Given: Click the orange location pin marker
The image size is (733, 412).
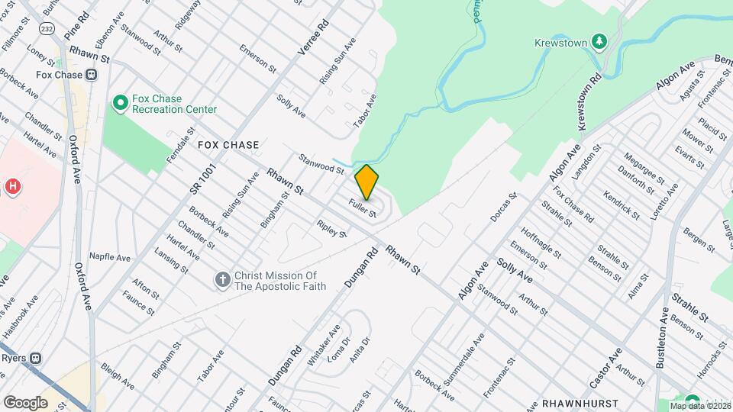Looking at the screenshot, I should point(366,182).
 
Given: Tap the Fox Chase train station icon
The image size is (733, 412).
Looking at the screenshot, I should point(91,75).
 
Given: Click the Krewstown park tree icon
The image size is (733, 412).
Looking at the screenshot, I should point(600,41).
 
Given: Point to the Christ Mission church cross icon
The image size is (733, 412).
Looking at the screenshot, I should point(222,280).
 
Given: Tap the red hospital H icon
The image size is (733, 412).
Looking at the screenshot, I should point(11,186).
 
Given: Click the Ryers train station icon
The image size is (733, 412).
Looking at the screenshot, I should point(36,358).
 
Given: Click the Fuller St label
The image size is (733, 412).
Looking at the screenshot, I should point(363,208).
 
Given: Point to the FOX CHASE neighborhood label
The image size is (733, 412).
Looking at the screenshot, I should point(228,144).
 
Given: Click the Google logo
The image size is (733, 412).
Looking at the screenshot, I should point(25,402).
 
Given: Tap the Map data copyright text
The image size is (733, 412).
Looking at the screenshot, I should point(698,405).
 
